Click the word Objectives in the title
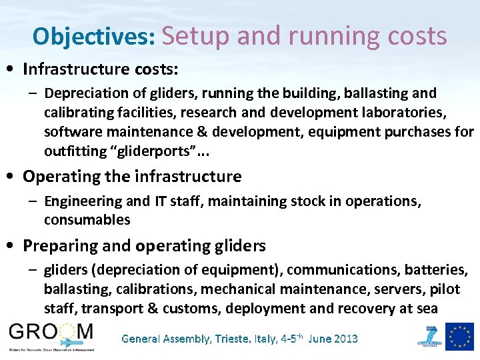(x=94, y=36)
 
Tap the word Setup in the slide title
(x=194, y=36)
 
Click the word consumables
(x=87, y=219)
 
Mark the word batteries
(x=434, y=269)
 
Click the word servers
(x=387, y=289)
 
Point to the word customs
(x=197, y=308)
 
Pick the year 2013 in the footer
(x=343, y=339)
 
